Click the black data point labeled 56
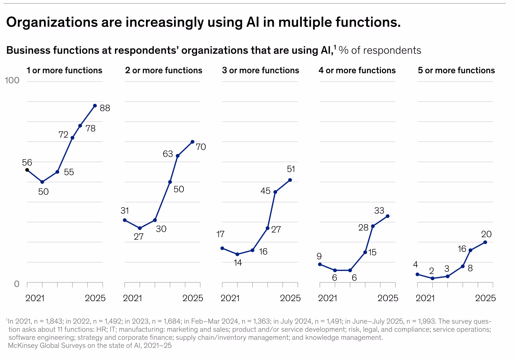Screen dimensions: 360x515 point(27,170)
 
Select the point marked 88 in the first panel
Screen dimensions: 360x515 point(95,106)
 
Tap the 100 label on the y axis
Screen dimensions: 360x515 point(12,81)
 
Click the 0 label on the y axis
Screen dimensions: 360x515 point(17,284)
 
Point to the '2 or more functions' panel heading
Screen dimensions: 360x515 point(164,70)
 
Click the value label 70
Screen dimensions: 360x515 point(201,147)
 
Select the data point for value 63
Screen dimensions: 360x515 point(178,156)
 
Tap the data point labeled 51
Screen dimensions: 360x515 point(290,180)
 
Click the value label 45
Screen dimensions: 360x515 point(265,191)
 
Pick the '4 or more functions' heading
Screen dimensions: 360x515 point(357,70)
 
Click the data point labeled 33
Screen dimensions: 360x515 point(388,216)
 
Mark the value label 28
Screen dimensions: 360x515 point(363,228)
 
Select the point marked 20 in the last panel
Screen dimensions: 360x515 point(485,242)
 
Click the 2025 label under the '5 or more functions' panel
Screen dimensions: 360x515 point(485,298)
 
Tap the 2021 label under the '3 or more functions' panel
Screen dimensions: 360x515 point(230,298)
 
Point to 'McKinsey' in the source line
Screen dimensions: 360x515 point(23,345)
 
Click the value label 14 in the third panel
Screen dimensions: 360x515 point(238,263)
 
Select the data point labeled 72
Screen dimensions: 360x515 point(72,138)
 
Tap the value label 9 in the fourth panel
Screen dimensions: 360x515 point(319,256)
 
